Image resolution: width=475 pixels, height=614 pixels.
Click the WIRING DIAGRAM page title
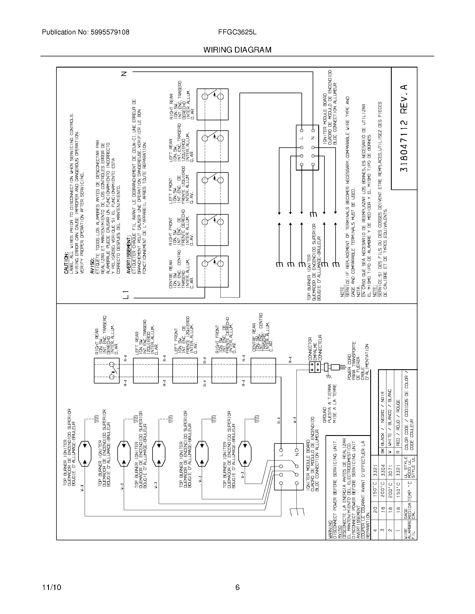point(237,50)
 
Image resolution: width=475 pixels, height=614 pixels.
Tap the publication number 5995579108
point(110,32)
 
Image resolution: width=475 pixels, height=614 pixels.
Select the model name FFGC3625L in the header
point(237,32)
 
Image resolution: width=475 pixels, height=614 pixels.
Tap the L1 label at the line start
point(126,294)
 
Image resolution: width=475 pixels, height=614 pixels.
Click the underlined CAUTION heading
point(66,263)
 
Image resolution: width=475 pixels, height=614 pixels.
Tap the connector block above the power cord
point(315,367)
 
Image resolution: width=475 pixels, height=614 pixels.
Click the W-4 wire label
point(294,422)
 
